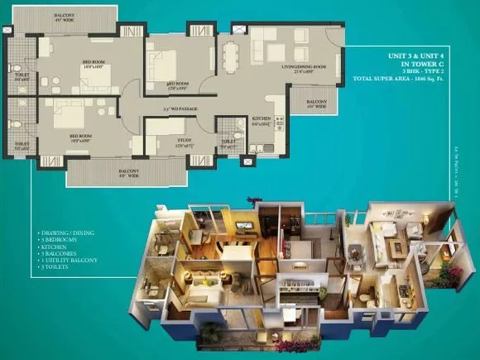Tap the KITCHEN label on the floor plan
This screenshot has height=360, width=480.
262,121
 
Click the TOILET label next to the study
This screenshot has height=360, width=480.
228,141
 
